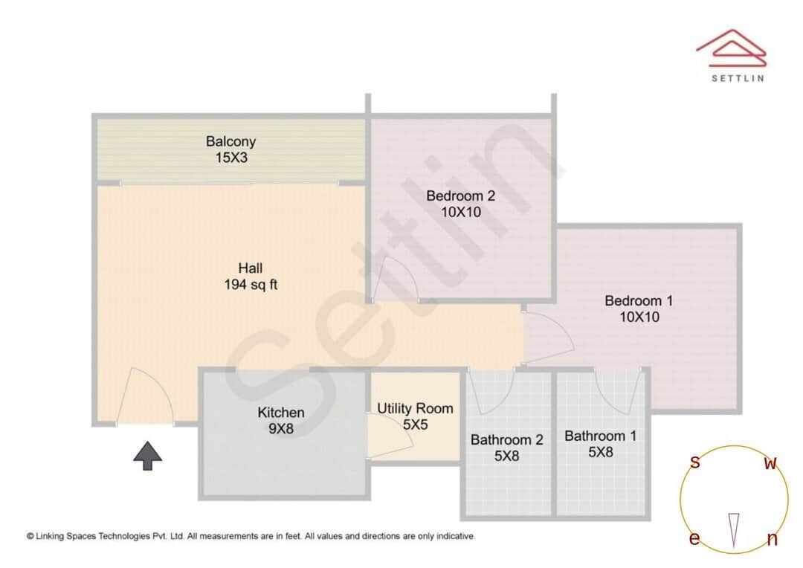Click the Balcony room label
tap(230, 141)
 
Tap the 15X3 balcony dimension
tap(230, 158)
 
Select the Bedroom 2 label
tap(460, 196)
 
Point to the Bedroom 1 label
tap(638, 301)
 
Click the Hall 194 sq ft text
tap(250, 276)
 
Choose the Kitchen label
tap(280, 413)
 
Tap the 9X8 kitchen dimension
tap(280, 429)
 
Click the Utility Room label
tap(414, 409)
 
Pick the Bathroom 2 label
tap(506, 440)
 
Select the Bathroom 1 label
tap(600, 436)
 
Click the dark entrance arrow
tap(147, 455)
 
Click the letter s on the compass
tap(695, 462)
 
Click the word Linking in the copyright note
tap(54, 536)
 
